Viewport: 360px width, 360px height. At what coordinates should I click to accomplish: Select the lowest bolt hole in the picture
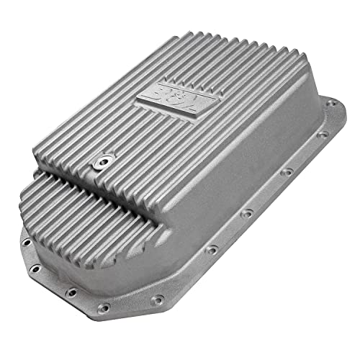tap(104, 307)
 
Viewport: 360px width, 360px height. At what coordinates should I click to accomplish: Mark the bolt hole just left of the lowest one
tap(71, 294)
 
